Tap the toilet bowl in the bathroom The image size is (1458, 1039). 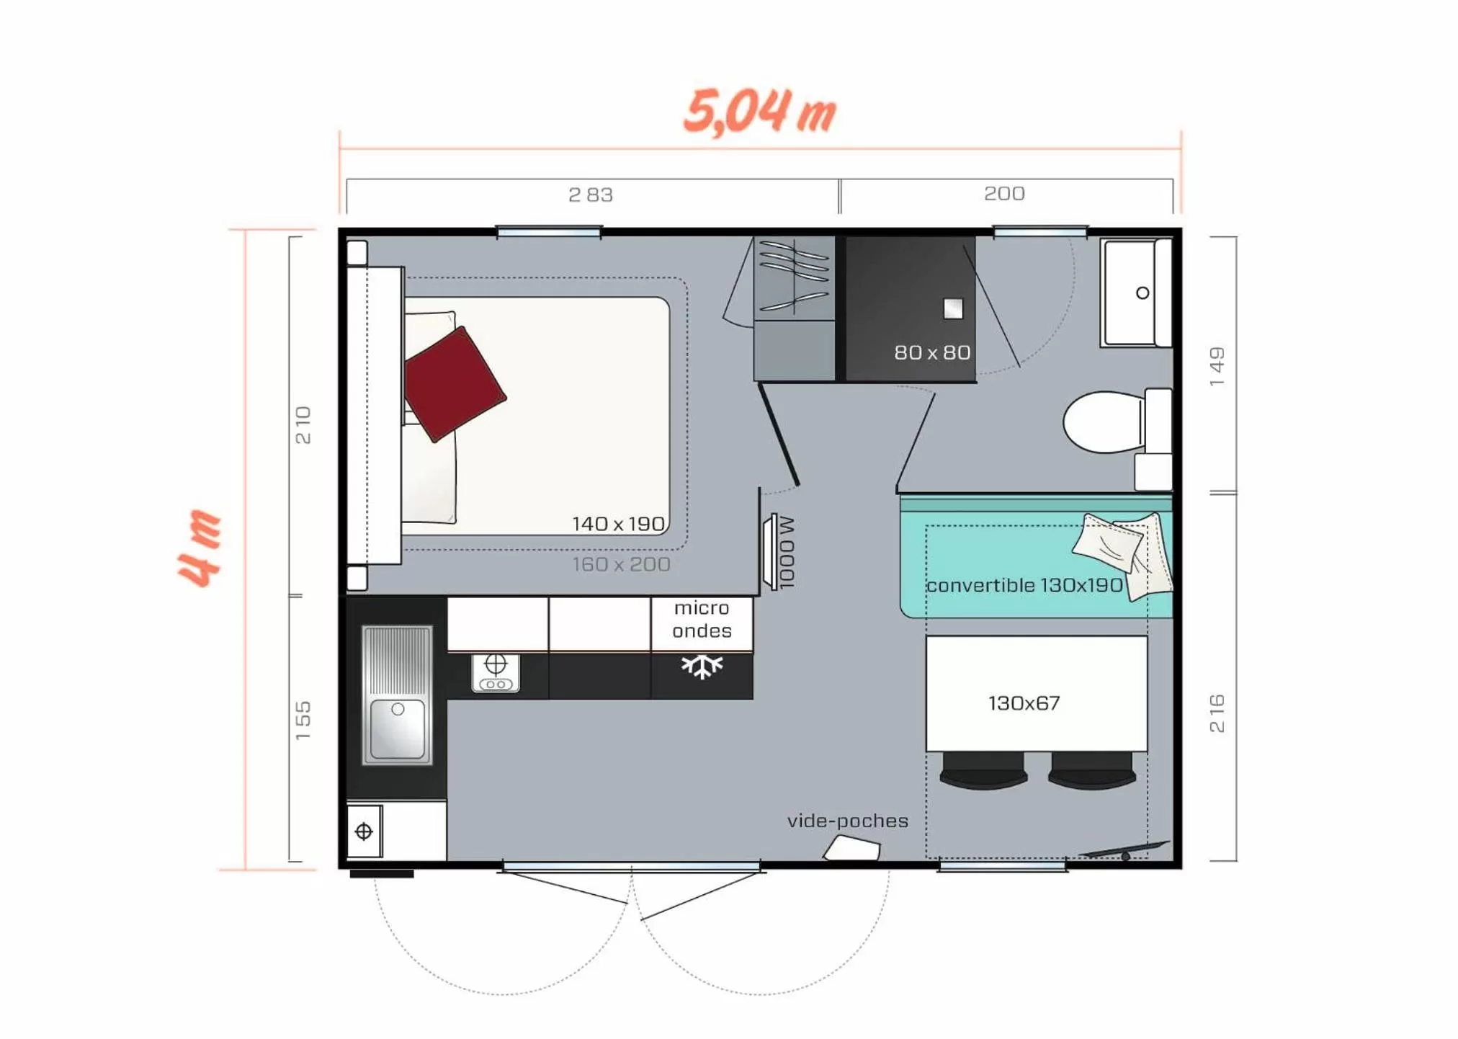click(1102, 422)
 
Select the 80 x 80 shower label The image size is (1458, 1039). click(931, 352)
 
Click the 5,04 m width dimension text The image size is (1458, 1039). click(759, 112)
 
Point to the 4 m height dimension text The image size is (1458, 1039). click(200, 548)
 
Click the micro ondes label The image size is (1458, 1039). click(702, 620)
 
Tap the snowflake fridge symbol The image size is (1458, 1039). click(702, 666)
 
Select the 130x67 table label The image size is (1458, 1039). click(1024, 703)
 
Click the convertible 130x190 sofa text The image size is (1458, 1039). click(1024, 585)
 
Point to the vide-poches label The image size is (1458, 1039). click(847, 821)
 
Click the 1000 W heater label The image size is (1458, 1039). click(787, 552)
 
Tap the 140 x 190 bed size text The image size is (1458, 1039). click(618, 524)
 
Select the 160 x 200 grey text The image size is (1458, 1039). click(621, 564)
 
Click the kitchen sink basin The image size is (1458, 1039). click(398, 728)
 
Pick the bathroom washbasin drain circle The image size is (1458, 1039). click(1142, 293)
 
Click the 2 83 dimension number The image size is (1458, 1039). click(590, 195)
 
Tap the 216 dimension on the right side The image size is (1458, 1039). click(1217, 713)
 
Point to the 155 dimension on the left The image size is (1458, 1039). click(303, 720)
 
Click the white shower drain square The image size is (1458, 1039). click(953, 309)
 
